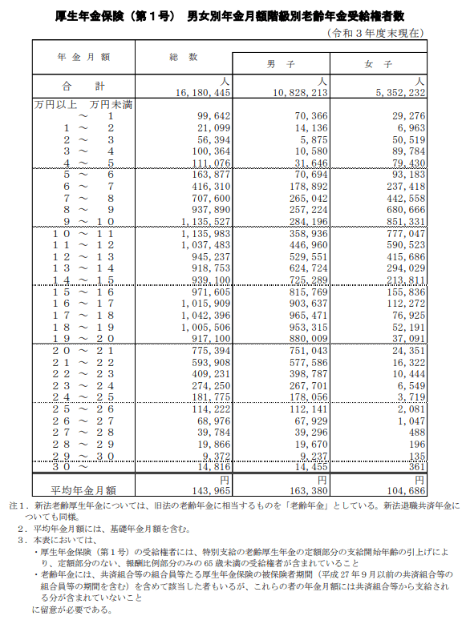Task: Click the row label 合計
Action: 82,86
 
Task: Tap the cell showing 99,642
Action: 213,117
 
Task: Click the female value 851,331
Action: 403,221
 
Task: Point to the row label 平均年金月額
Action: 83,489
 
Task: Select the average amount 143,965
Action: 209,489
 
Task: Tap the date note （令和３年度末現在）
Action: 375,32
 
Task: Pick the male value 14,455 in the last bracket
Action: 310,466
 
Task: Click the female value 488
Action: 413,432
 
